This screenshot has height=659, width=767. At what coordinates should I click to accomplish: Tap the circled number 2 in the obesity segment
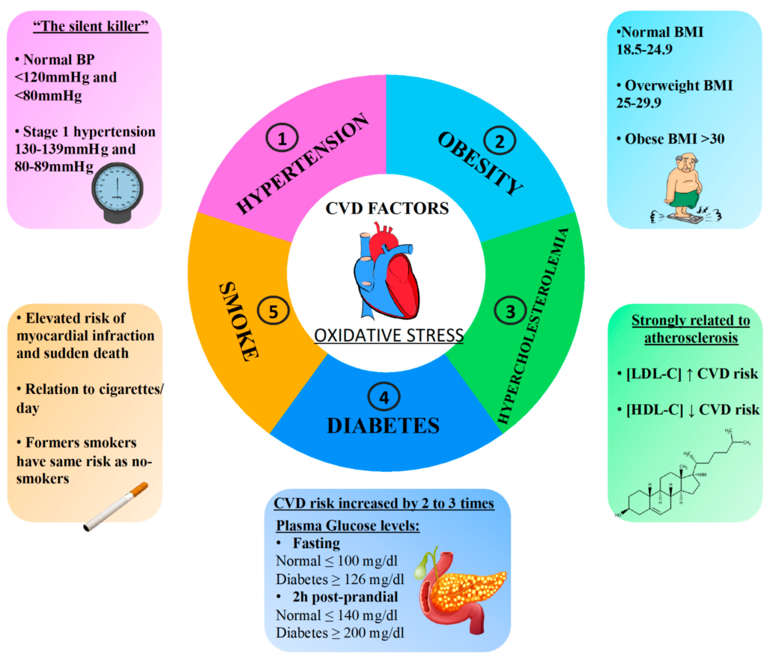(496, 139)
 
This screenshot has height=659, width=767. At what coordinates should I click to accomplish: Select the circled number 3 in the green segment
(509, 309)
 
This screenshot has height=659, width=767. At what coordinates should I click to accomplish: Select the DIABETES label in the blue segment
(383, 425)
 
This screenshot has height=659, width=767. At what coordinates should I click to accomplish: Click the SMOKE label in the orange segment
(239, 321)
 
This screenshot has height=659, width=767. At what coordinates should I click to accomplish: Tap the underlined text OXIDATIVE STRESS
(389, 335)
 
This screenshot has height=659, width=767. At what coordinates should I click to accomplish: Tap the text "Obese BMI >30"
(665, 138)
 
